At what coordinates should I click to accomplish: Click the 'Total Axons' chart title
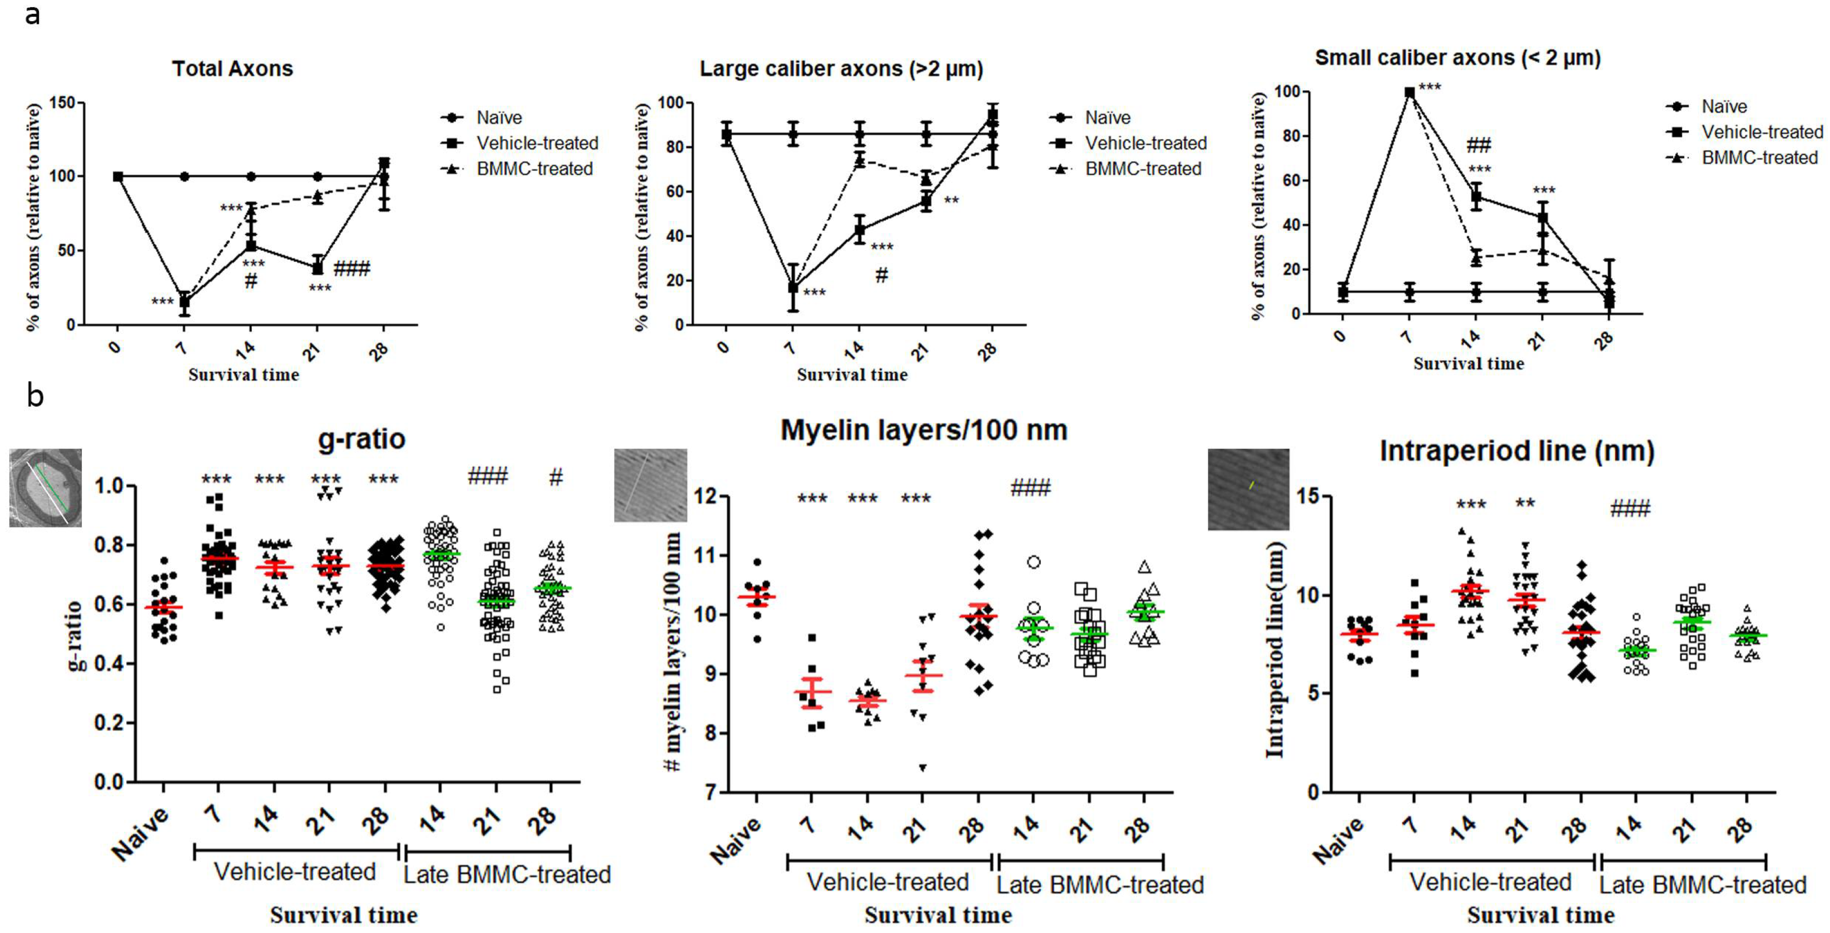tap(232, 69)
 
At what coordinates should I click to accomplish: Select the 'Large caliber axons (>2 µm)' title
tap(841, 69)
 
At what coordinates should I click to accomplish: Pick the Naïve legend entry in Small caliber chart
tap(1723, 107)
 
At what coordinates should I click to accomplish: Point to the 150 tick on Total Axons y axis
tap(62, 103)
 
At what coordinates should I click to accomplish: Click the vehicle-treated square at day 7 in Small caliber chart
tap(1410, 92)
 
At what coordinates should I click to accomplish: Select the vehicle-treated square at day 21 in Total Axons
tap(318, 268)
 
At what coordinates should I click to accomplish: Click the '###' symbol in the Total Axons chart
tap(351, 268)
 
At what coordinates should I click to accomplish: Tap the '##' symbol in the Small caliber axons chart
tap(1479, 146)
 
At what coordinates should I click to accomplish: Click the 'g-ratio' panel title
tap(361, 438)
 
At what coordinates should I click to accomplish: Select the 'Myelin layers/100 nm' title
tap(924, 430)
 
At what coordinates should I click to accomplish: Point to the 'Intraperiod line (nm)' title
tap(1517, 451)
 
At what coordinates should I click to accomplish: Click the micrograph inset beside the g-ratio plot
tap(44, 487)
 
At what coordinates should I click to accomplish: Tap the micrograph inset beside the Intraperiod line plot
tap(1248, 489)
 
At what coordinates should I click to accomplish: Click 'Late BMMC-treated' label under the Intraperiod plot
tap(1703, 885)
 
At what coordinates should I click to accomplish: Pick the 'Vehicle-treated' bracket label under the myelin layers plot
tap(888, 882)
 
